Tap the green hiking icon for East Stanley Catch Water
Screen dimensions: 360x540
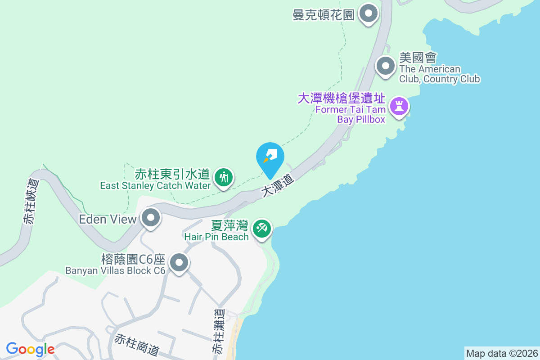click(223, 177)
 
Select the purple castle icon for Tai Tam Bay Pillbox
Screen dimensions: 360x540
click(399, 107)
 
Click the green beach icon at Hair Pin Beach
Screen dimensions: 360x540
click(261, 228)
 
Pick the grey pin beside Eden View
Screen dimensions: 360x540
click(151, 219)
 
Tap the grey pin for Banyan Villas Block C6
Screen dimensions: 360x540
click(179, 263)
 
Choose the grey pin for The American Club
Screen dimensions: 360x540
click(385, 67)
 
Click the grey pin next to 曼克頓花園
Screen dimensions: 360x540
click(369, 14)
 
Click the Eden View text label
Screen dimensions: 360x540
click(108, 219)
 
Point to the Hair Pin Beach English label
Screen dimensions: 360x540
click(216, 237)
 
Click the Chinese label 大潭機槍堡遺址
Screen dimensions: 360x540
click(342, 99)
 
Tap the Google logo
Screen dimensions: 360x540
click(30, 349)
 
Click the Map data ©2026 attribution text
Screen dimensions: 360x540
click(502, 353)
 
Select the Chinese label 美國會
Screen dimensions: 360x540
click(418, 58)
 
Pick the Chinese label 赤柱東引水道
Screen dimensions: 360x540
click(172, 174)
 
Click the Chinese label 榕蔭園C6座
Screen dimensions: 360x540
click(134, 260)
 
